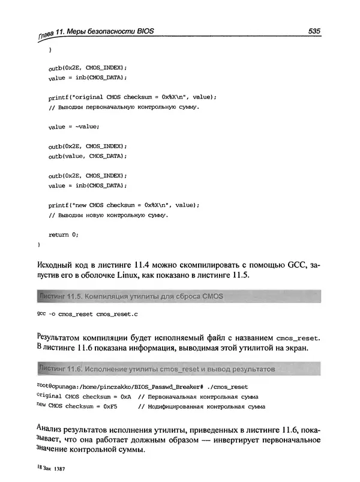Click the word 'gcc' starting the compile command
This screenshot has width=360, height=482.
[x=41, y=313]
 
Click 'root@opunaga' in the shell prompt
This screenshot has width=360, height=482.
[x=55, y=387]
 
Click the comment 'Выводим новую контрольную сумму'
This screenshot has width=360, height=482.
[x=109, y=214]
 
